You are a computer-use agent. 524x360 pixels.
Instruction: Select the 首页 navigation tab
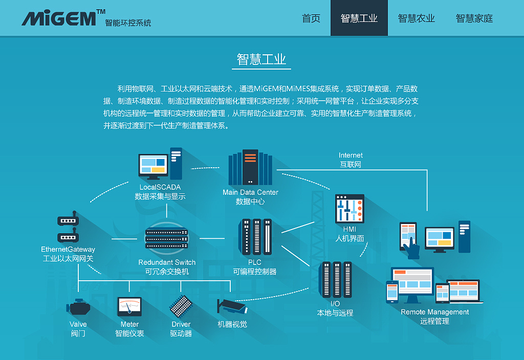click(x=311, y=18)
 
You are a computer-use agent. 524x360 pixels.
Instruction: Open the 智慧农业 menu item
click(x=416, y=18)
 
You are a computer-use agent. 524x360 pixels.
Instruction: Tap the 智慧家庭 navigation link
click(x=474, y=18)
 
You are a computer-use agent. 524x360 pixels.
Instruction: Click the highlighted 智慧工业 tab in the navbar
click(x=359, y=18)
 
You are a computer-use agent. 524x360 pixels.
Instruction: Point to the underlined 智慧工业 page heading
click(x=261, y=59)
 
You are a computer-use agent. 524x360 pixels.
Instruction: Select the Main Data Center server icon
click(x=250, y=168)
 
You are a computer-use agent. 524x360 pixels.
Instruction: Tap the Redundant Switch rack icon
click(x=167, y=238)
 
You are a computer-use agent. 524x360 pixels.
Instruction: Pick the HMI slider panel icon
click(x=350, y=209)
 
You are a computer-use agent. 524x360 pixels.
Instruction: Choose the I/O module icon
click(x=335, y=279)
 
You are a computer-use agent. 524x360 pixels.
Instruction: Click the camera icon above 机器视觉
click(x=232, y=306)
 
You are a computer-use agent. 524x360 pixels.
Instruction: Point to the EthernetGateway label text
click(x=68, y=250)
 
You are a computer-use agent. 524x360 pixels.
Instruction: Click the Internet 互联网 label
click(x=351, y=160)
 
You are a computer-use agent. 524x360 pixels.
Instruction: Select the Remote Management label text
click(x=434, y=312)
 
